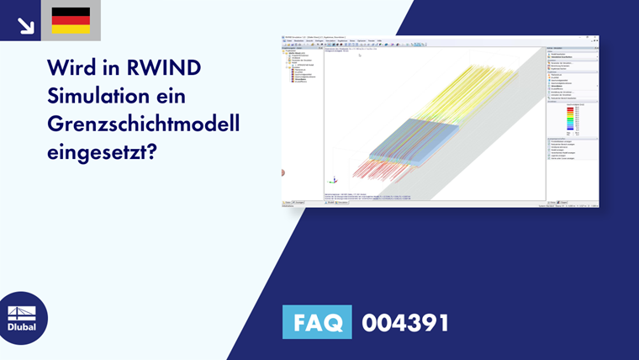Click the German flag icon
(x=71, y=20)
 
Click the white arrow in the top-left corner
(x=25, y=25)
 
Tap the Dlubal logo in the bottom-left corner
(x=22, y=318)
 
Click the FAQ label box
(x=317, y=322)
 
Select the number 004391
(x=405, y=322)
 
